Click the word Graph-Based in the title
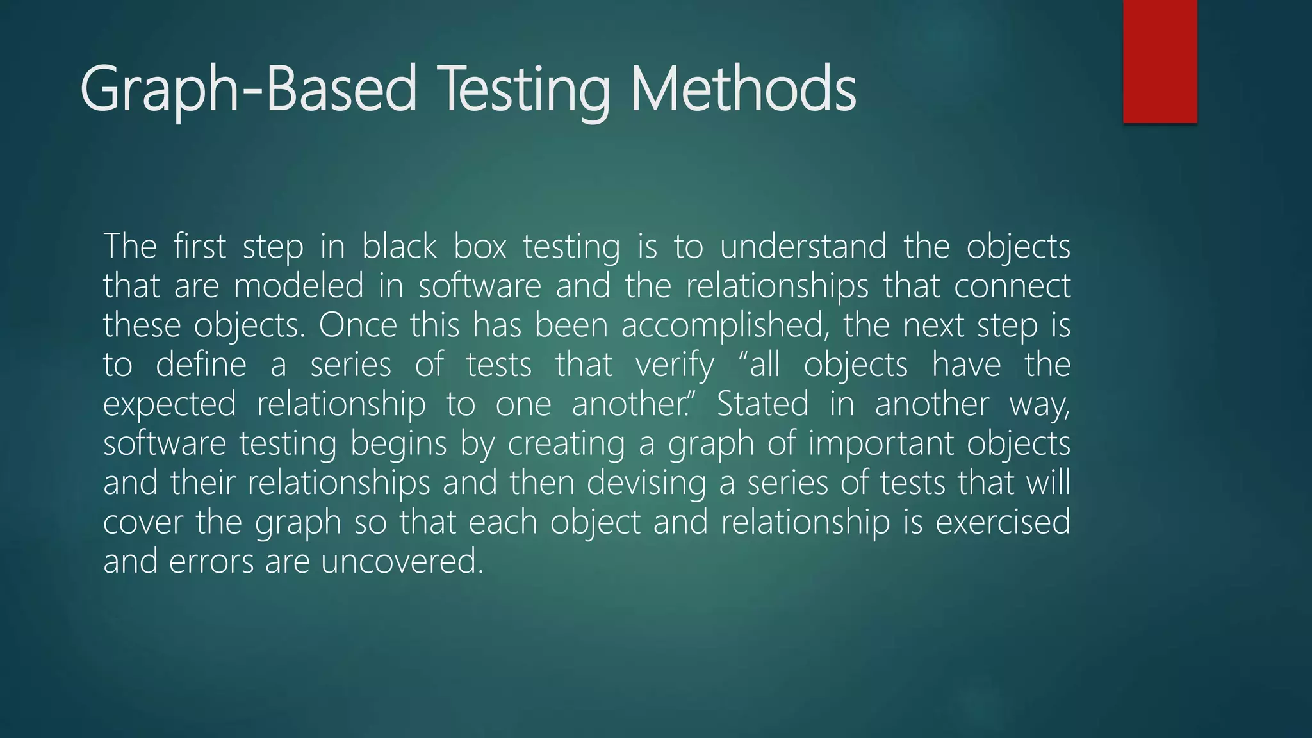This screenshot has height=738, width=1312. tap(249, 90)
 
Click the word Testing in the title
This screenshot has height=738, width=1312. tap(525, 90)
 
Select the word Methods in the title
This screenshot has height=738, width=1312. tap(743, 90)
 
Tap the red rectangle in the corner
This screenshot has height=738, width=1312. tap(1160, 61)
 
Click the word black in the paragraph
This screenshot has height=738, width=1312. tap(399, 247)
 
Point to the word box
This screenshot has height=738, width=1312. tap(480, 247)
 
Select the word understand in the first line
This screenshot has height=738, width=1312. tap(803, 247)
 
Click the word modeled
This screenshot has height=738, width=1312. tap(299, 286)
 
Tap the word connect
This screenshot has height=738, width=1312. tap(1012, 286)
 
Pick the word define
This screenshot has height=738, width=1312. tap(201, 365)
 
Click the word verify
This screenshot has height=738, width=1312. tap(675, 366)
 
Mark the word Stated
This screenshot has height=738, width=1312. tap(762, 404)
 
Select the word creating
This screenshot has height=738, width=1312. tap(566, 444)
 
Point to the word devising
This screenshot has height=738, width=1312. tap(646, 483)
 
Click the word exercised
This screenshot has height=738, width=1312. tap(1003, 522)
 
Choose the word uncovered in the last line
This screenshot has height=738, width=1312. tap(402, 562)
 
